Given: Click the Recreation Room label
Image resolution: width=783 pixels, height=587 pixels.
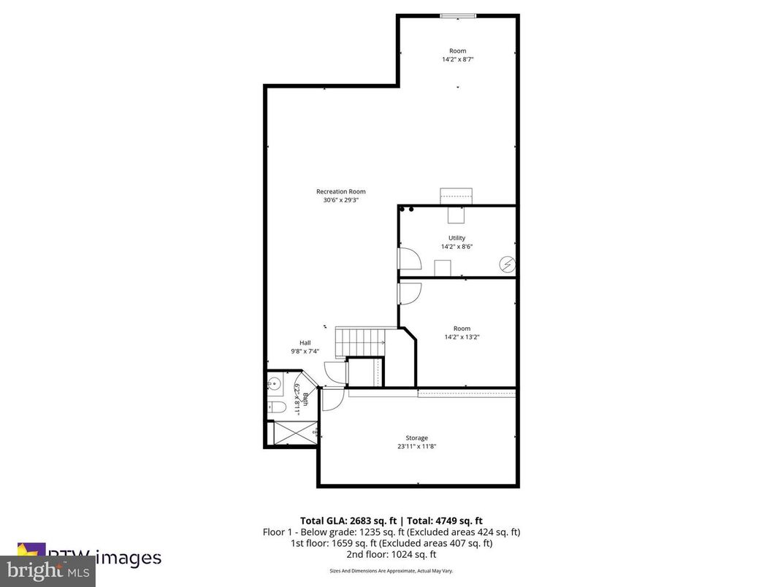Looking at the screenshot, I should (x=340, y=191).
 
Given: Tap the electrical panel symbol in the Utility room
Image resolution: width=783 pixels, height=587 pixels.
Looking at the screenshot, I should (x=506, y=264).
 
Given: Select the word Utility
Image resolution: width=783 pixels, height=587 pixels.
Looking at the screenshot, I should (x=457, y=238).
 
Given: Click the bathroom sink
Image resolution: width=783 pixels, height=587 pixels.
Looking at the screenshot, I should (x=275, y=383).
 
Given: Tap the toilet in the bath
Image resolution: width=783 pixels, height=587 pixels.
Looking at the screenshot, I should (x=277, y=407).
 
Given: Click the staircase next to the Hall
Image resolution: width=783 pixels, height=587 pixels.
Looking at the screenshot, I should (x=360, y=340).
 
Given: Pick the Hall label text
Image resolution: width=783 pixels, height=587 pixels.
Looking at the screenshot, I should (x=305, y=342).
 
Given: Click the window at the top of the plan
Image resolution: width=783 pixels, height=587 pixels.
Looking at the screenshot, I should (x=458, y=15).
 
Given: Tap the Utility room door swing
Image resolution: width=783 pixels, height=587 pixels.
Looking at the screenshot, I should (x=408, y=258).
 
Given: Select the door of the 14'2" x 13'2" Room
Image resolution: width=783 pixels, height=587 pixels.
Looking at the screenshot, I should (x=408, y=293).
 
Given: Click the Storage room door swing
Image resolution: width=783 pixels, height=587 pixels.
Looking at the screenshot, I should (x=332, y=398).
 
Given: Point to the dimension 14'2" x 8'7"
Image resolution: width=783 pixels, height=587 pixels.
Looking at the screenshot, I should (x=458, y=59).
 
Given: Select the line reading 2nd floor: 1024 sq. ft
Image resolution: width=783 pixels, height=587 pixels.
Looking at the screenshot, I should (x=391, y=554).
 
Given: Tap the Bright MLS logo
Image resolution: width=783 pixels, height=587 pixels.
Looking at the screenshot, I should (x=48, y=570).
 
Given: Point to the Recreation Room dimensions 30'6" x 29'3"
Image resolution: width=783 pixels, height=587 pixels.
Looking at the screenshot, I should (x=340, y=200).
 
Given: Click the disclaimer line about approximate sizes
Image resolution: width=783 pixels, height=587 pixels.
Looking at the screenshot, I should (x=391, y=570).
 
